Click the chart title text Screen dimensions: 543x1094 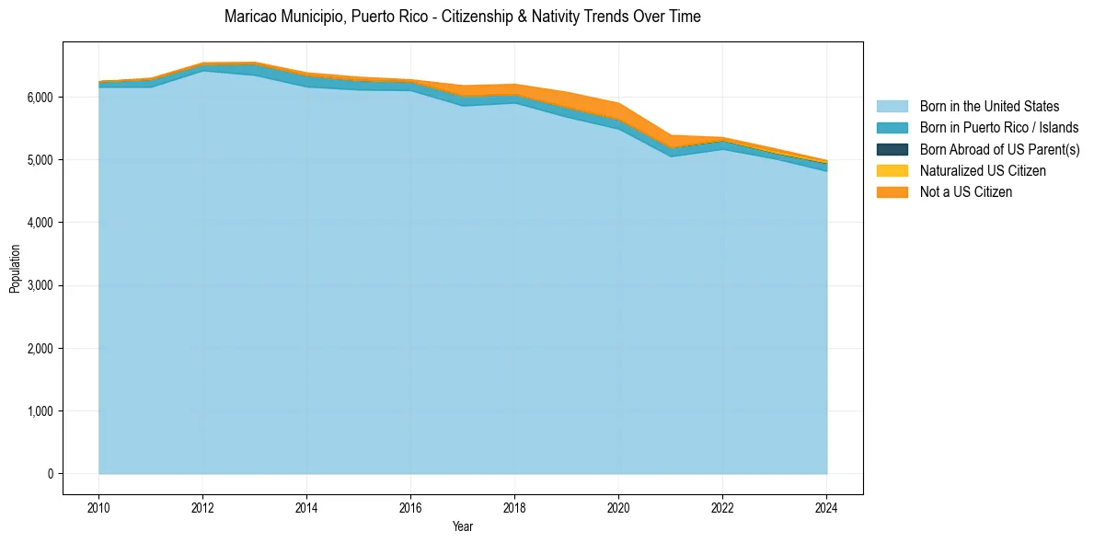coord(463,17)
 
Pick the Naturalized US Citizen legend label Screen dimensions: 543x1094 coord(983,170)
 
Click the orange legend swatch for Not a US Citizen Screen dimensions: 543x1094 coord(892,191)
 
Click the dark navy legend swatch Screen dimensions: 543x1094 coord(892,149)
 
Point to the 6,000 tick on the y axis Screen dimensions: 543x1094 coord(41,97)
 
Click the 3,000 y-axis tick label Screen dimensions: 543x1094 coord(41,285)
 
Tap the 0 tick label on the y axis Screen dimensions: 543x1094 coord(50,474)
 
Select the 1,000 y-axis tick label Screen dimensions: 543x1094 coord(41,411)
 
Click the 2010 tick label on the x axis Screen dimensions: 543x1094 coord(98,507)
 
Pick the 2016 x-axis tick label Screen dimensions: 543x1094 coord(410,507)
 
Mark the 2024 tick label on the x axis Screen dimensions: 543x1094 coord(826,507)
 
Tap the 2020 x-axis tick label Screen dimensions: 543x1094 coord(618,507)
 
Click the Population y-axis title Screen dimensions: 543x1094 coord(15,269)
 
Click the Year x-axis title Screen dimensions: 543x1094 coord(463,526)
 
